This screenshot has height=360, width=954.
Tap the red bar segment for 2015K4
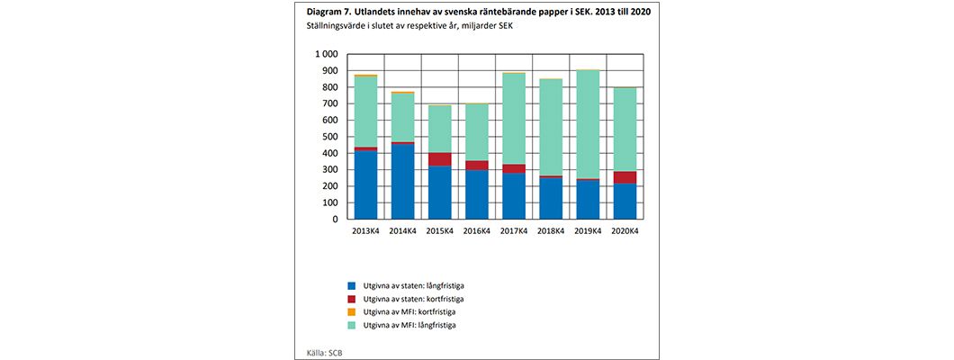(439, 159)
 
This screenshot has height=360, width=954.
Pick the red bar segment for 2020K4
(625, 177)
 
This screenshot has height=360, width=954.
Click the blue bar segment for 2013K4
(365, 184)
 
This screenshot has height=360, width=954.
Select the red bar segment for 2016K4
(477, 166)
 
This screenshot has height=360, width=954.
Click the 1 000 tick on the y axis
(325, 54)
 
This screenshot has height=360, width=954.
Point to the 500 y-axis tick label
(329, 137)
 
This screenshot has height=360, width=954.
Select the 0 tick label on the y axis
(335, 219)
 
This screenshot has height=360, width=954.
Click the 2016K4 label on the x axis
(477, 230)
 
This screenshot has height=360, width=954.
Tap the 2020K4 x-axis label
(625, 230)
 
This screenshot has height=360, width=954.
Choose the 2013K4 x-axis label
(365, 230)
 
